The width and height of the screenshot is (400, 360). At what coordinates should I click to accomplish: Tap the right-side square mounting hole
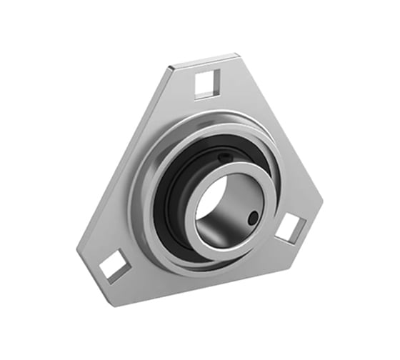pos(290,228)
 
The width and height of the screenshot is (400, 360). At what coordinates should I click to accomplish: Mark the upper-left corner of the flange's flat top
pos(170,68)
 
